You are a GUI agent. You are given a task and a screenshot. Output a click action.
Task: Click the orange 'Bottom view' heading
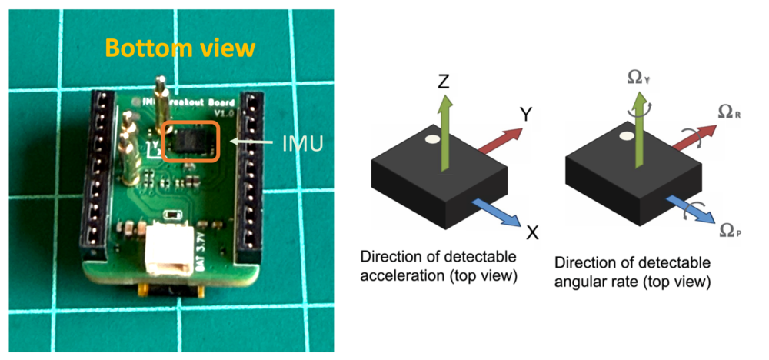(x=178, y=48)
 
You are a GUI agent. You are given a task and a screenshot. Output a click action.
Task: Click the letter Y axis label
(x=526, y=115)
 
